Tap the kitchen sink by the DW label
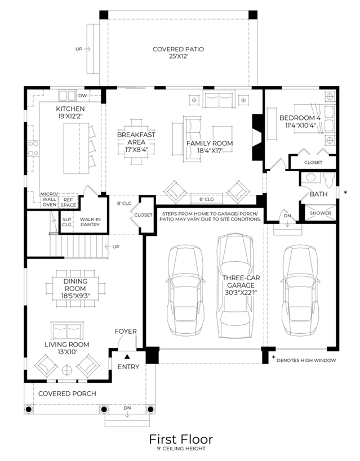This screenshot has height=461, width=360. coord(67,96)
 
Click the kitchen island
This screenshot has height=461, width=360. coord(76,149)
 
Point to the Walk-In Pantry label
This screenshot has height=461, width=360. coord(90,222)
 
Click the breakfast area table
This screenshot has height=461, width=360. coord(136,142)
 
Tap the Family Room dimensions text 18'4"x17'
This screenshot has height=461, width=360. coord(210,151)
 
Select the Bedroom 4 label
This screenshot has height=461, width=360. coord(300,118)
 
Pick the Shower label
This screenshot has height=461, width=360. coord(320,213)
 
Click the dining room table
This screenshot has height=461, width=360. coord(75,288)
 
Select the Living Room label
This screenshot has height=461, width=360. coord(67,344)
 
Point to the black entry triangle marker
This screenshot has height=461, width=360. coord(127,357)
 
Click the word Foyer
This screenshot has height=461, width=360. coord(126,332)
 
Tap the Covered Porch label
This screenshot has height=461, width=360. coord(67,393)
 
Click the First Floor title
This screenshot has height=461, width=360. coord(181,439)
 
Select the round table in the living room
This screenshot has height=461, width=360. coord(68,370)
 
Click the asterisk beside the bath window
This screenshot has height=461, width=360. coord(345,193)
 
